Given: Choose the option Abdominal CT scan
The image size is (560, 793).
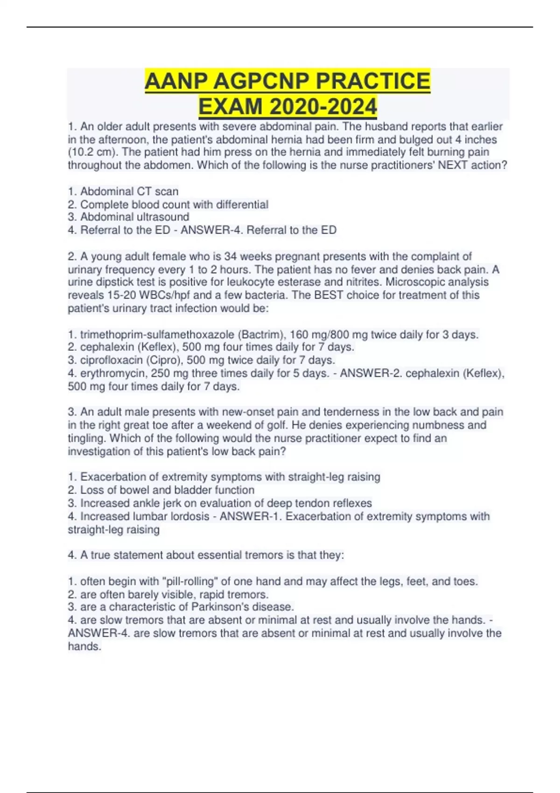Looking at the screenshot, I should (x=129, y=191).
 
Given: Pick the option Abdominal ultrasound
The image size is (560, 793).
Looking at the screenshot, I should (x=134, y=217).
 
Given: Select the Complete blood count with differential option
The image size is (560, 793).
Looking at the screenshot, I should (x=174, y=204).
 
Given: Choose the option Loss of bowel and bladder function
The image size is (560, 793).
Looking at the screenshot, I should (x=167, y=490).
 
